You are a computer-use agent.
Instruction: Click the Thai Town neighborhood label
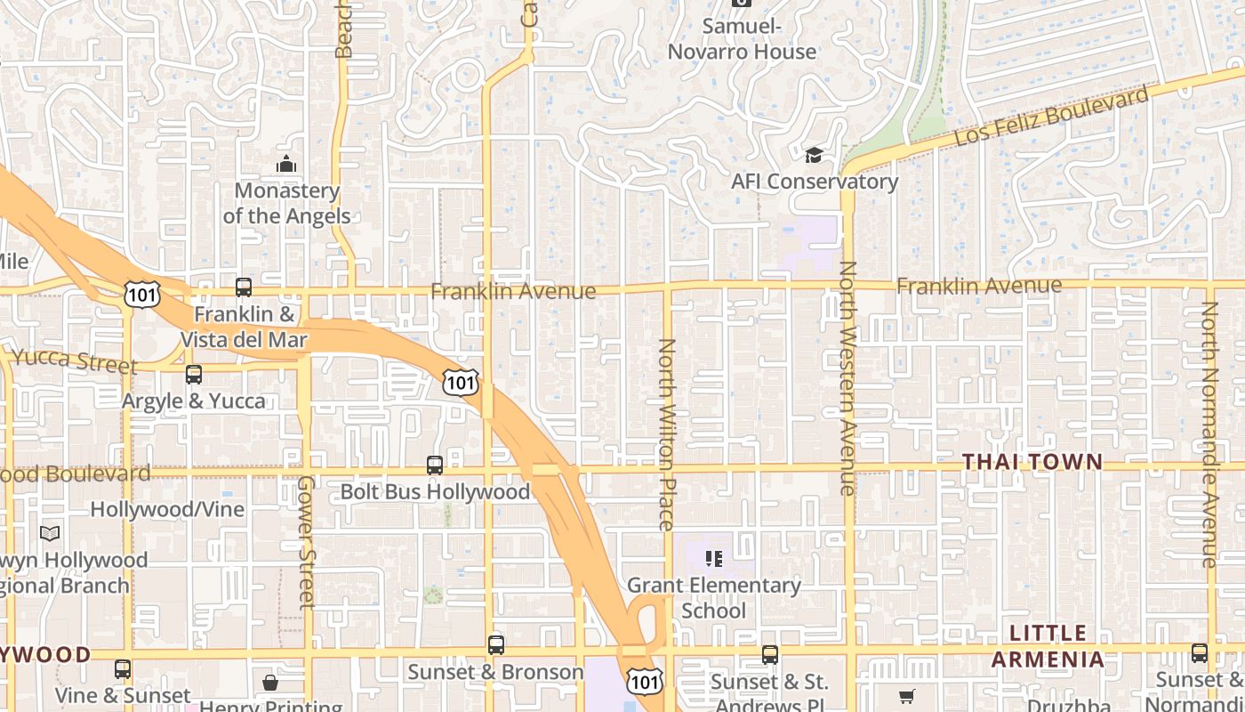pyautogui.click(x=1032, y=462)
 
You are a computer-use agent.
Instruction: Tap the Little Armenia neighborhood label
pyautogui.click(x=1057, y=646)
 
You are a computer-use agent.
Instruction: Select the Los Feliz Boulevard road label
pyautogui.click(x=1050, y=117)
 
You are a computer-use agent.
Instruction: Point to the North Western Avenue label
pyautogui.click(x=847, y=377)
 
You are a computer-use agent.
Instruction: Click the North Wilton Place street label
pyautogui.click(x=667, y=433)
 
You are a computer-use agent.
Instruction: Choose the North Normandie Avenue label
pyautogui.click(x=1209, y=433)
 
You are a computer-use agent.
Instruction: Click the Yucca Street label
pyautogui.click(x=76, y=361)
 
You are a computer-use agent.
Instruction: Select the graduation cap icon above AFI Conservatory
pyautogui.click(x=814, y=157)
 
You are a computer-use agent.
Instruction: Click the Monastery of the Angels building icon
pyautogui.click(x=286, y=165)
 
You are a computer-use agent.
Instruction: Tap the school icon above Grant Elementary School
pyautogui.click(x=713, y=559)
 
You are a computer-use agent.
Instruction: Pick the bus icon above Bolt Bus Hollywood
pyautogui.click(x=435, y=465)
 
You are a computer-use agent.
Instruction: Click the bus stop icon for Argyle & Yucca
pyautogui.click(x=194, y=375)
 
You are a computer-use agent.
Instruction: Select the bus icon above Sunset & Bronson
pyautogui.click(x=496, y=645)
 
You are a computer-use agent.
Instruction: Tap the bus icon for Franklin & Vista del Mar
pyautogui.click(x=244, y=287)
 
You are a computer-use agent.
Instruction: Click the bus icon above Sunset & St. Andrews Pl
pyautogui.click(x=770, y=656)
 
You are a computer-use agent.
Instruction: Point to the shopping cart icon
pyautogui.click(x=906, y=697)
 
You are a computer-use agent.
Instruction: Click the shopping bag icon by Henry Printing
pyautogui.click(x=270, y=683)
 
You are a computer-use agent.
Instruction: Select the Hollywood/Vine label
pyautogui.click(x=167, y=509)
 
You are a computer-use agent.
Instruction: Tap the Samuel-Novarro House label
pyautogui.click(x=742, y=39)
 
